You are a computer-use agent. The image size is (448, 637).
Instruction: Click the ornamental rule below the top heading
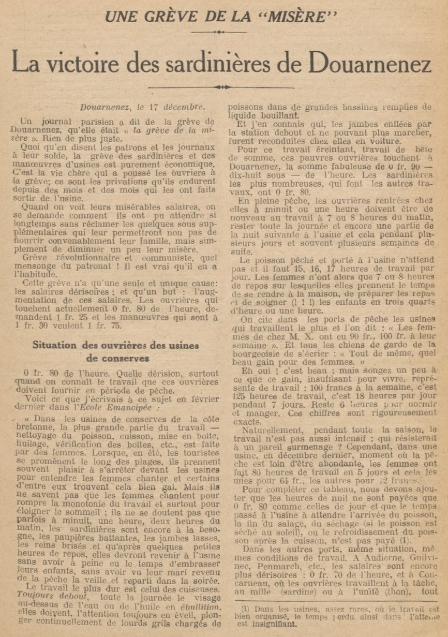point(221,32)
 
